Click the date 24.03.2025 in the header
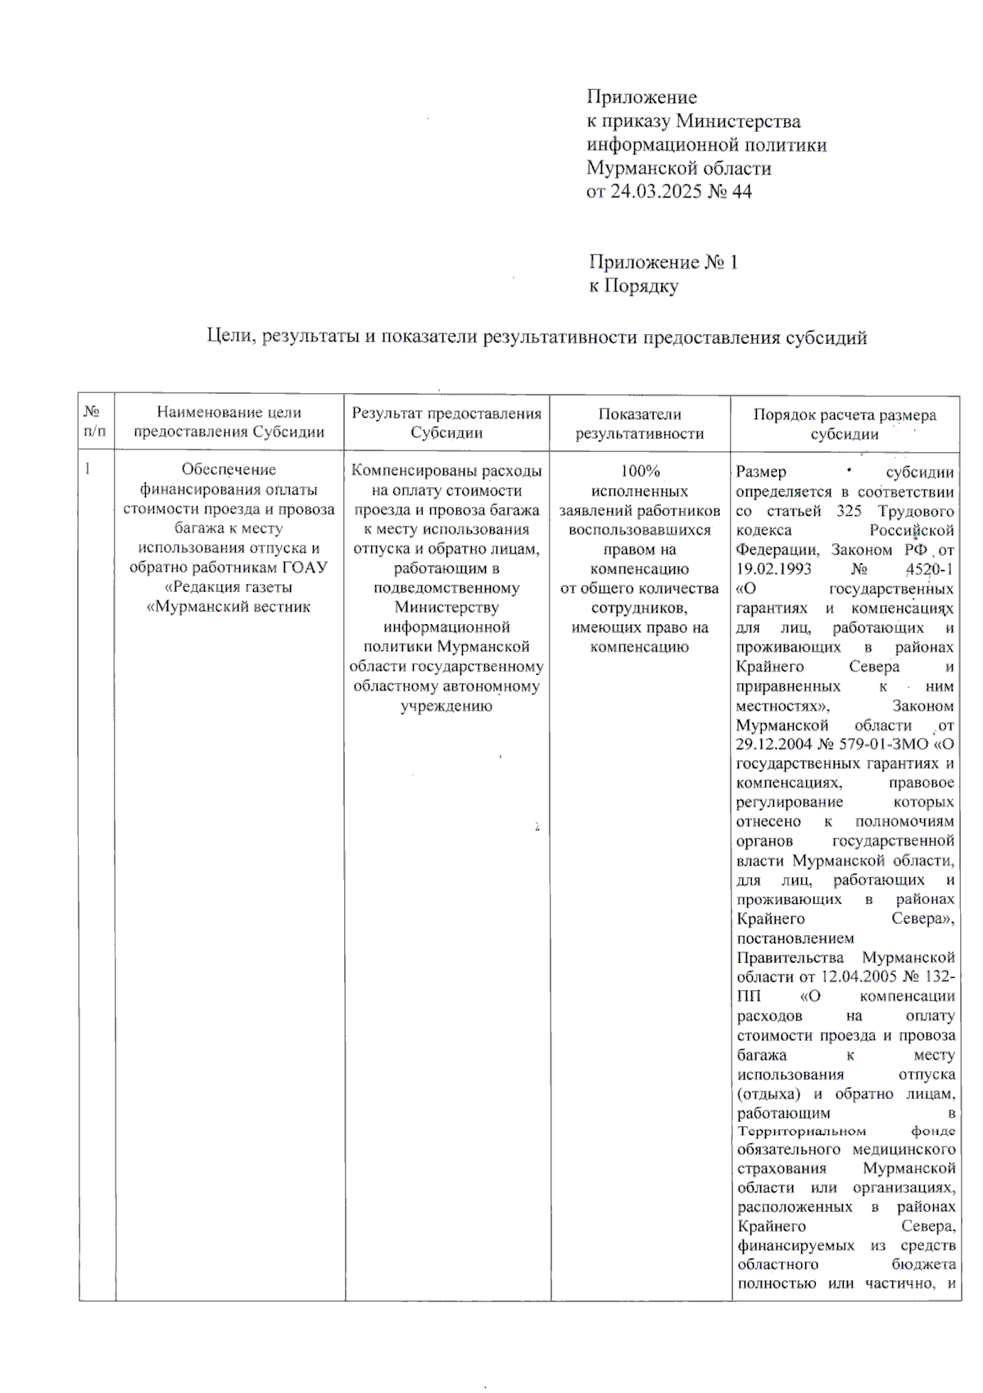tap(650, 192)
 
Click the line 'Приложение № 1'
tap(663, 263)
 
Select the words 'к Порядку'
tap(633, 287)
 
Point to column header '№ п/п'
tap(95, 423)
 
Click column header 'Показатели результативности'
tap(639, 423)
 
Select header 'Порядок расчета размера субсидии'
tap(844, 423)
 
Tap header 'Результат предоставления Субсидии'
tap(446, 423)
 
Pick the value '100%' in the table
tap(640, 472)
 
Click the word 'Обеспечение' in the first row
tap(229, 469)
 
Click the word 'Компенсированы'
tap(401, 471)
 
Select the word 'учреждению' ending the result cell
tap(446, 705)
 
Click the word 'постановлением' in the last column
tap(795, 938)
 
